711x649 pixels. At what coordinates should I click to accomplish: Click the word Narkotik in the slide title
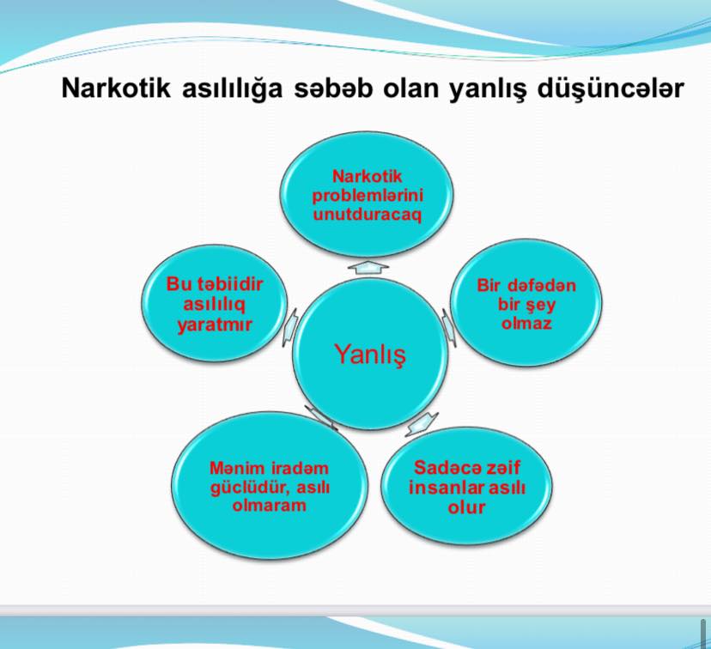(116, 88)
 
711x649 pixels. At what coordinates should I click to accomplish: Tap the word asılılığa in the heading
(232, 89)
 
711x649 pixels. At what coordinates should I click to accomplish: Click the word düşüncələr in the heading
(611, 89)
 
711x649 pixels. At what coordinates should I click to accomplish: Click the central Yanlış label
(370, 355)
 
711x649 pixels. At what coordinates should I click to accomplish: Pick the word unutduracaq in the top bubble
(367, 215)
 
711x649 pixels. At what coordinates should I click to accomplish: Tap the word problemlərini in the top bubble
(368, 196)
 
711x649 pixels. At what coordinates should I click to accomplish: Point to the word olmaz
(526, 323)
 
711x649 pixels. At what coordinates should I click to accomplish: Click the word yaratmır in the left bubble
(214, 325)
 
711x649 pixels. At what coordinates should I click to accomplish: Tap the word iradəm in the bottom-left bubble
(300, 468)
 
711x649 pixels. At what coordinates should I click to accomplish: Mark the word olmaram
(270, 505)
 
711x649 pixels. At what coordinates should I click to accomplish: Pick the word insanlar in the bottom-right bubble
(446, 488)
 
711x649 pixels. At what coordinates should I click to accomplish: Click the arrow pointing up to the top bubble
(368, 267)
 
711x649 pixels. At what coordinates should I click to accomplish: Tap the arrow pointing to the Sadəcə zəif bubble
(422, 424)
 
